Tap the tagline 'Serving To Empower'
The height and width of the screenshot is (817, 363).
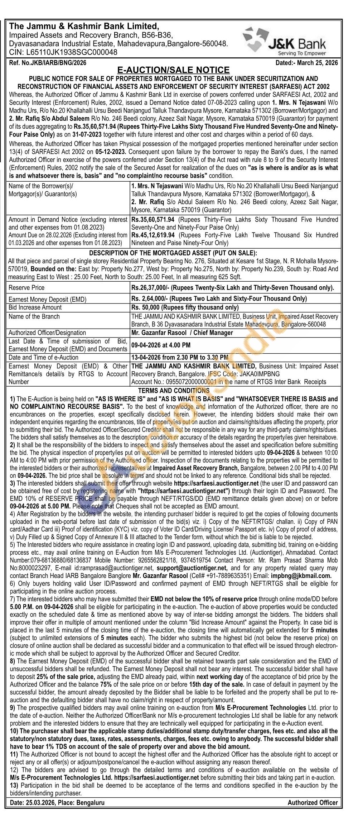[302, 53]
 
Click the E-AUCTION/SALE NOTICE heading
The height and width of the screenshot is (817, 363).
[173, 70]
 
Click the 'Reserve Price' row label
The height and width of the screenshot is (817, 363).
[26, 287]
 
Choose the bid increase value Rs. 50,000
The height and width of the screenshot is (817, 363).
[145, 307]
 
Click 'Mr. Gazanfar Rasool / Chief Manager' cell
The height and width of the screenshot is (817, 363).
[182, 333]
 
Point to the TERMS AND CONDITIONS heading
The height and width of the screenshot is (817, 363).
[174, 391]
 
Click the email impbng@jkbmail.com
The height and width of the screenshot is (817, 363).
[306, 576]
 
